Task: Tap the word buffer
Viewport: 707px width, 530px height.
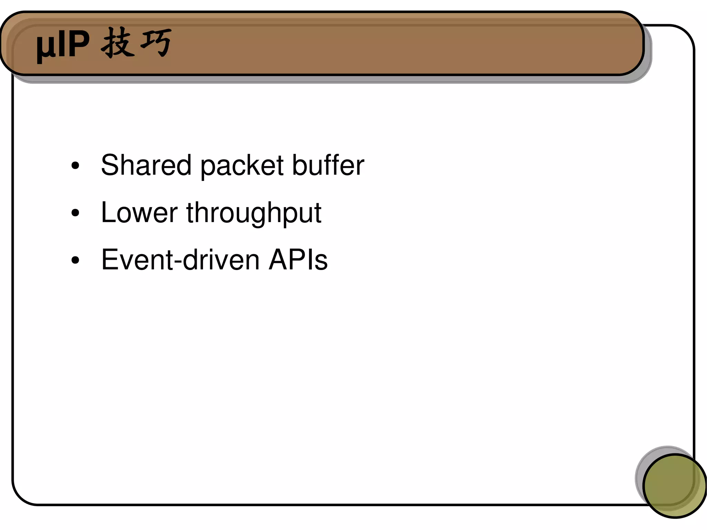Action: [x=328, y=165]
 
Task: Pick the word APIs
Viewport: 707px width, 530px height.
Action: [x=298, y=260]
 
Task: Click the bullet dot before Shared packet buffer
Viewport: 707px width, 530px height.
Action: [x=75, y=166]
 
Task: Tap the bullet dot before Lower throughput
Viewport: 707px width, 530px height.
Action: [x=75, y=213]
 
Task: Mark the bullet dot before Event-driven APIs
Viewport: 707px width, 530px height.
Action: [x=75, y=260]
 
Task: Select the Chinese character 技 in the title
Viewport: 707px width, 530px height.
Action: [x=117, y=43]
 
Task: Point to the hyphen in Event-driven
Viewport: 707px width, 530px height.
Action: [x=177, y=262]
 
